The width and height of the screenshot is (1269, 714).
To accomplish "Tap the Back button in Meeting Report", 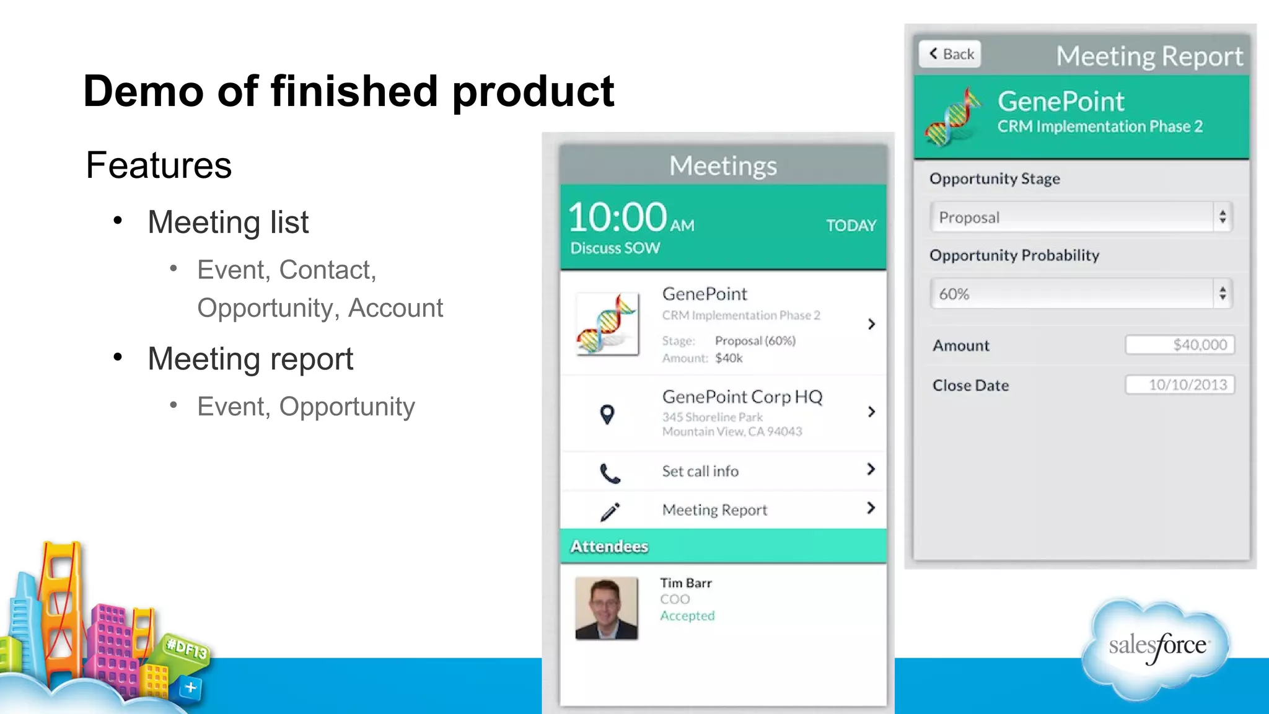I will coord(950,55).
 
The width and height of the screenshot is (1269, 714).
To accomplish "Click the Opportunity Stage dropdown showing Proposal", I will coord(1081,218).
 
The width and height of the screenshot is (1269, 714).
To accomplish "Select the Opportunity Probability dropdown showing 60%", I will coord(1081,294).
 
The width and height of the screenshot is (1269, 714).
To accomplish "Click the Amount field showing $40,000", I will coord(1180,345).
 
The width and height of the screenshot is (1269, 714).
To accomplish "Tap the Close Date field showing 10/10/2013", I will coord(1180,385).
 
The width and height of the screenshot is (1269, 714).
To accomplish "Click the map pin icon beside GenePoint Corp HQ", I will coord(607,414).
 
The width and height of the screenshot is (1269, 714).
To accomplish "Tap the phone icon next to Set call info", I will coord(610,473).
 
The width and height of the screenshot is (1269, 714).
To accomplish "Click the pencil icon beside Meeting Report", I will coord(610,511).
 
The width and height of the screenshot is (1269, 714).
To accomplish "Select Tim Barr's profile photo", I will coord(606,608).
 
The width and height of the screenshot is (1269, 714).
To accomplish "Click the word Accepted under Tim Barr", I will coord(687,615).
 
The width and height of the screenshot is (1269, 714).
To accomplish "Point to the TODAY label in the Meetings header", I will coord(851,226).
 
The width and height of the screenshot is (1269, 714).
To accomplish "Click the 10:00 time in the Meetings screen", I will coord(617,218).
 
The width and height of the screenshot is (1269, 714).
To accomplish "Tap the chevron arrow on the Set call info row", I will coord(871,469).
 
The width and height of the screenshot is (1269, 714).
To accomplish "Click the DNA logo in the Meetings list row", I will coord(607,324).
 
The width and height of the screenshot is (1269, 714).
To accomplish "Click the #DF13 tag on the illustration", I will coord(187,649).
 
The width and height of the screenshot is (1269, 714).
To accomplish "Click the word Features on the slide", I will coord(159,165).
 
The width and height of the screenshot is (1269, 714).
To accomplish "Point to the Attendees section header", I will coord(609,546).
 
